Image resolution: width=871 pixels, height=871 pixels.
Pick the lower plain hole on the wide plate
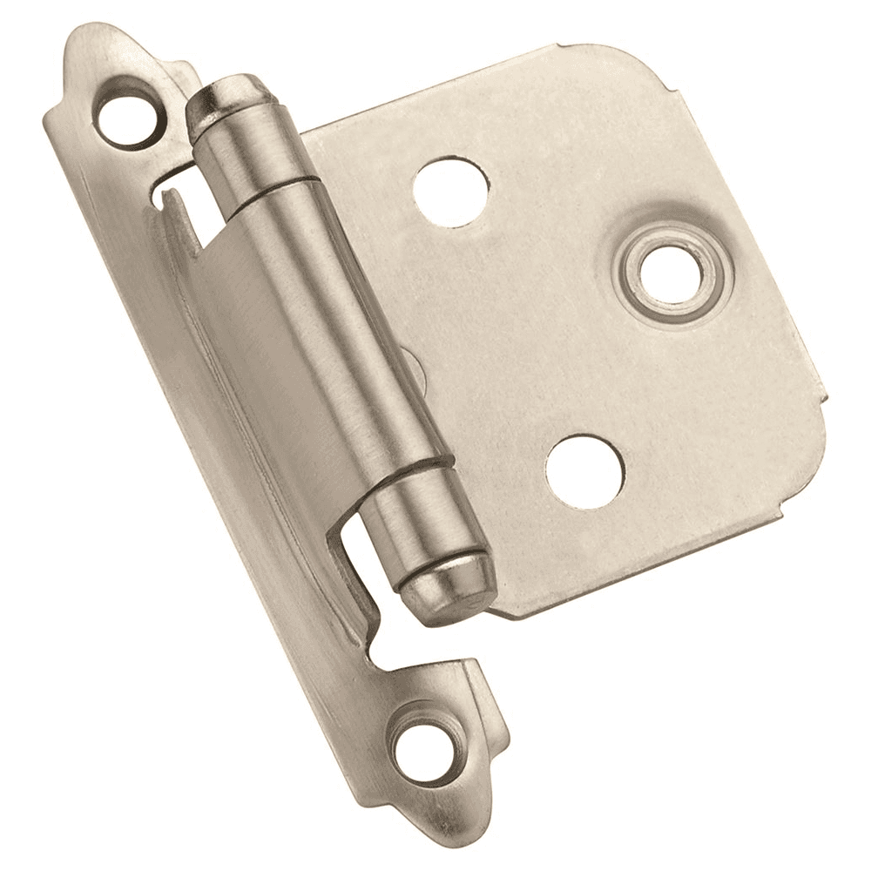tap(585, 470)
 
